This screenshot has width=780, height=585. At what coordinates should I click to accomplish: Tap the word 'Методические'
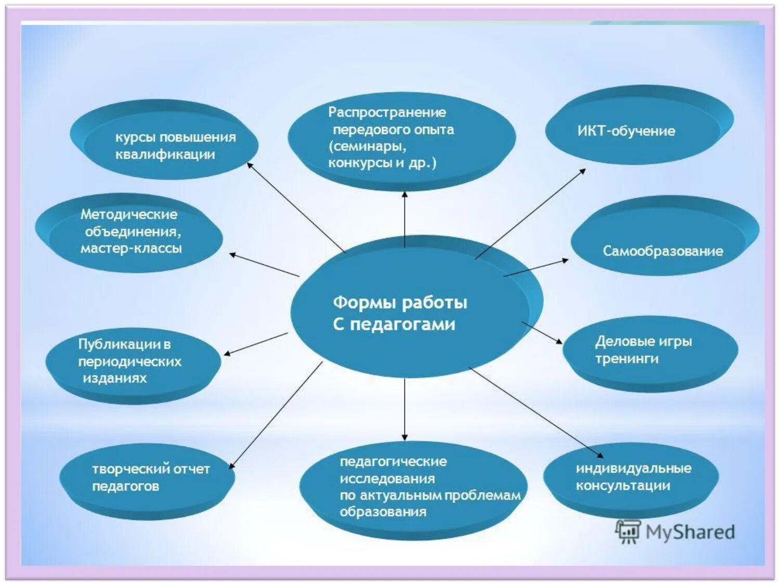pyautogui.click(x=129, y=214)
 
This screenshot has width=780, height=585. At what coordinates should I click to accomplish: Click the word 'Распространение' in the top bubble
pyautogui.click(x=387, y=112)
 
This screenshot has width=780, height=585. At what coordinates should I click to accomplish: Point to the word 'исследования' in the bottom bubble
pyautogui.click(x=387, y=478)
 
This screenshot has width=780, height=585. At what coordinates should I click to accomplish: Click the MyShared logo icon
pyautogui.click(x=628, y=531)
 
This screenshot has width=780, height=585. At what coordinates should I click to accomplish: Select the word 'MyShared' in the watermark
pyautogui.click(x=690, y=532)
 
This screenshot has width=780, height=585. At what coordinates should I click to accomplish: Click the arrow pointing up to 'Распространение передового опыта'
pyautogui.click(x=405, y=218)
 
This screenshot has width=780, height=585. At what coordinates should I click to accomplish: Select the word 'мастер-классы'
pyautogui.click(x=131, y=249)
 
